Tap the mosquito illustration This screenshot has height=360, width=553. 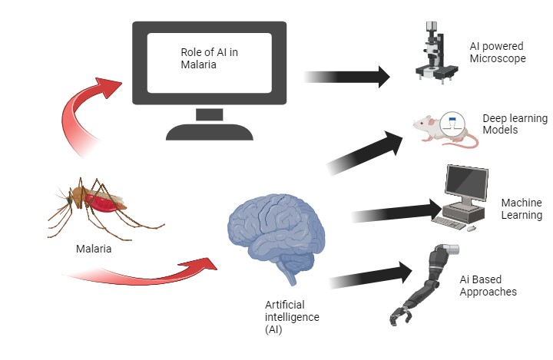[x=96, y=201]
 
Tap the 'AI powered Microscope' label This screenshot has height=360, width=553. [x=498, y=51]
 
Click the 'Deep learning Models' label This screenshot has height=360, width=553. [x=515, y=124]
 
